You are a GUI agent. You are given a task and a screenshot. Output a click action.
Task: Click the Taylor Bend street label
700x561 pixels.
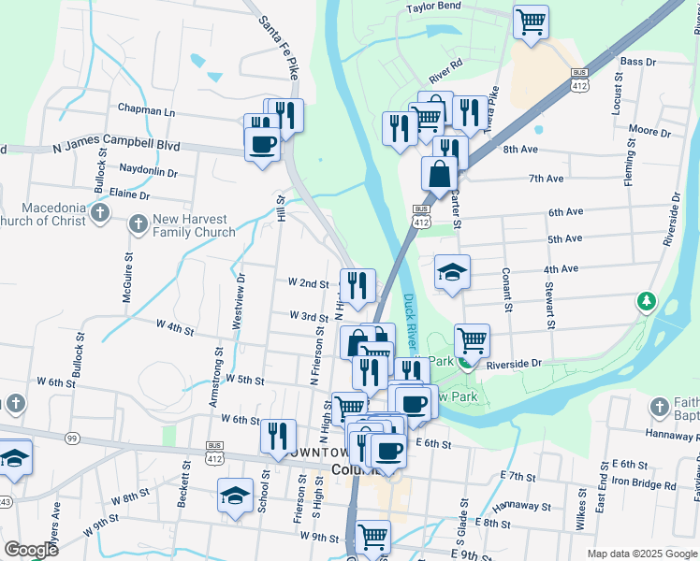click(433, 7)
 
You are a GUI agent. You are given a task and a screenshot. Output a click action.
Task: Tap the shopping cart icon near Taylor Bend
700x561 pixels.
click(532, 21)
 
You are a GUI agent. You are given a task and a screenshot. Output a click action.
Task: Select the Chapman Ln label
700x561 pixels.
click(146, 110)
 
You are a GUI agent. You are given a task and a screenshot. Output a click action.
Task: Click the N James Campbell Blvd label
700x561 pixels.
click(116, 148)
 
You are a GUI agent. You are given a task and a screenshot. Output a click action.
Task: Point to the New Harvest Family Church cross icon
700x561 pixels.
click(138, 224)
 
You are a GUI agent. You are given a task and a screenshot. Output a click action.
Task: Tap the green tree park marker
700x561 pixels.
click(645, 301)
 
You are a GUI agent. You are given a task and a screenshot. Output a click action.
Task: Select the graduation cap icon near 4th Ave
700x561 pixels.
click(453, 272)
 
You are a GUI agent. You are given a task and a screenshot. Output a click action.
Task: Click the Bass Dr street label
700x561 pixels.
click(638, 61)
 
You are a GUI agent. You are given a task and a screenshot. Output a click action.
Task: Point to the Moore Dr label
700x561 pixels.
click(649, 132)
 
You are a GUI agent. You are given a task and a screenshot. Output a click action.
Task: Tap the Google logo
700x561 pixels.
click(31, 550)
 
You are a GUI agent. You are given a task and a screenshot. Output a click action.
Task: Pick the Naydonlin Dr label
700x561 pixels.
click(149, 172)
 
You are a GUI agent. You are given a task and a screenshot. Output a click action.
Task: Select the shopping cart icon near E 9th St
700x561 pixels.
click(372, 537)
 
